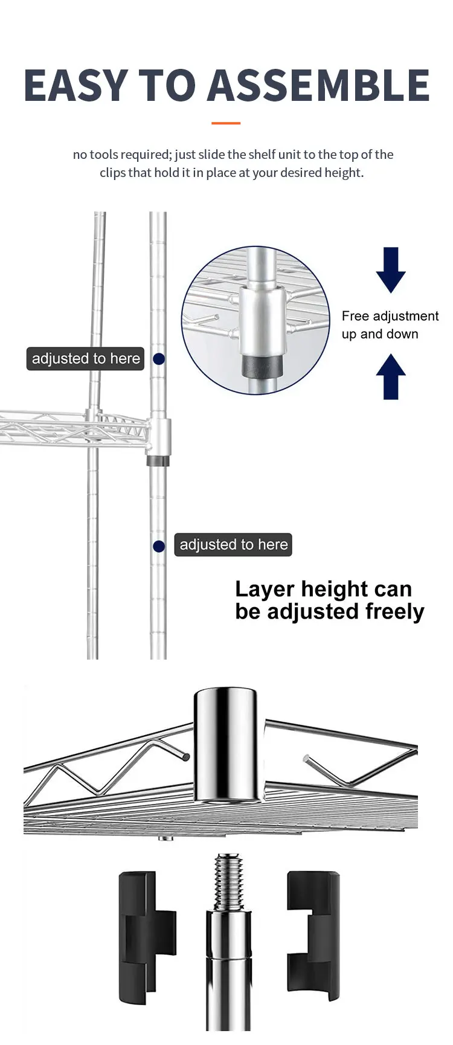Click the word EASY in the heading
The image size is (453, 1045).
point(75,85)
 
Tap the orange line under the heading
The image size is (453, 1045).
point(226,123)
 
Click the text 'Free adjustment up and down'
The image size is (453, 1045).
point(390,325)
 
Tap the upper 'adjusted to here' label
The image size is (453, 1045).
point(85,359)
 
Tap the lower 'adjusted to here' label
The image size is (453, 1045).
point(233,545)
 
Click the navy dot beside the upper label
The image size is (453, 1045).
point(159,359)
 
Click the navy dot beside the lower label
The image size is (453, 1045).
point(159,546)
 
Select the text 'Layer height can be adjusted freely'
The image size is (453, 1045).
point(329,600)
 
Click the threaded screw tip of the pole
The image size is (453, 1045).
point(228,882)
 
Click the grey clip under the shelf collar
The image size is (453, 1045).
point(158,461)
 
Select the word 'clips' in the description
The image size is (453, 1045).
point(112,173)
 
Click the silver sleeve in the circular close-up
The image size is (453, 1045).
point(261,320)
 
